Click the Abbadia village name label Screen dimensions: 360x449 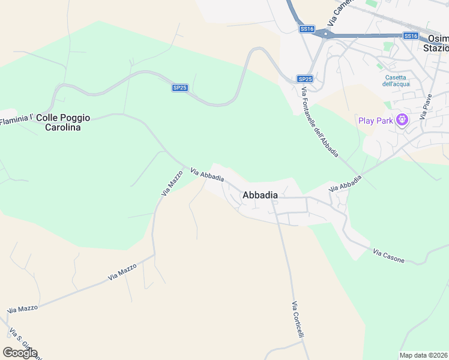[x=260, y=195]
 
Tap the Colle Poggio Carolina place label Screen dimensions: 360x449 [x=63, y=122]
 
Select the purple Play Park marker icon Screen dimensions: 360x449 [x=402, y=121]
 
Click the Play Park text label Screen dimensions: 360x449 [x=375, y=121]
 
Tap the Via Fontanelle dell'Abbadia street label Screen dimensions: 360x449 [x=321, y=122]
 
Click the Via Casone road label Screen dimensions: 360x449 [x=388, y=256]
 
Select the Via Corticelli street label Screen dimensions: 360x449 [x=298, y=319]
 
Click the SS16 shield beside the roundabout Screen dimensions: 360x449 [x=307, y=29]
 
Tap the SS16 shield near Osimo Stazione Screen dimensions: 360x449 [x=411, y=36]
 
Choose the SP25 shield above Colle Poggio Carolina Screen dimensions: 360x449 [x=180, y=88]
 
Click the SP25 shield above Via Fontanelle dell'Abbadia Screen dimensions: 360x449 [x=305, y=79]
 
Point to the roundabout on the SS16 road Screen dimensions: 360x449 [x=325, y=35]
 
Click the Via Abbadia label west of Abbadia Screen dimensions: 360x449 [x=207, y=174]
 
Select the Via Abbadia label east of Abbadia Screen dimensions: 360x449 [x=345, y=184]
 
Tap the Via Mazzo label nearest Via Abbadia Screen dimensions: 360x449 [x=172, y=183]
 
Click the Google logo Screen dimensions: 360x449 [x=20, y=353]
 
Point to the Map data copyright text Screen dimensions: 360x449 [x=424, y=355]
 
